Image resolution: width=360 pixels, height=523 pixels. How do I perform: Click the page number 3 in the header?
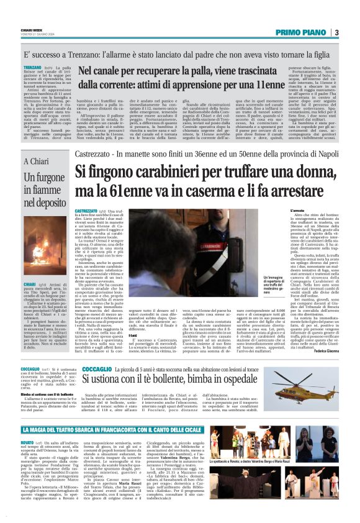[x=353, y=32]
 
